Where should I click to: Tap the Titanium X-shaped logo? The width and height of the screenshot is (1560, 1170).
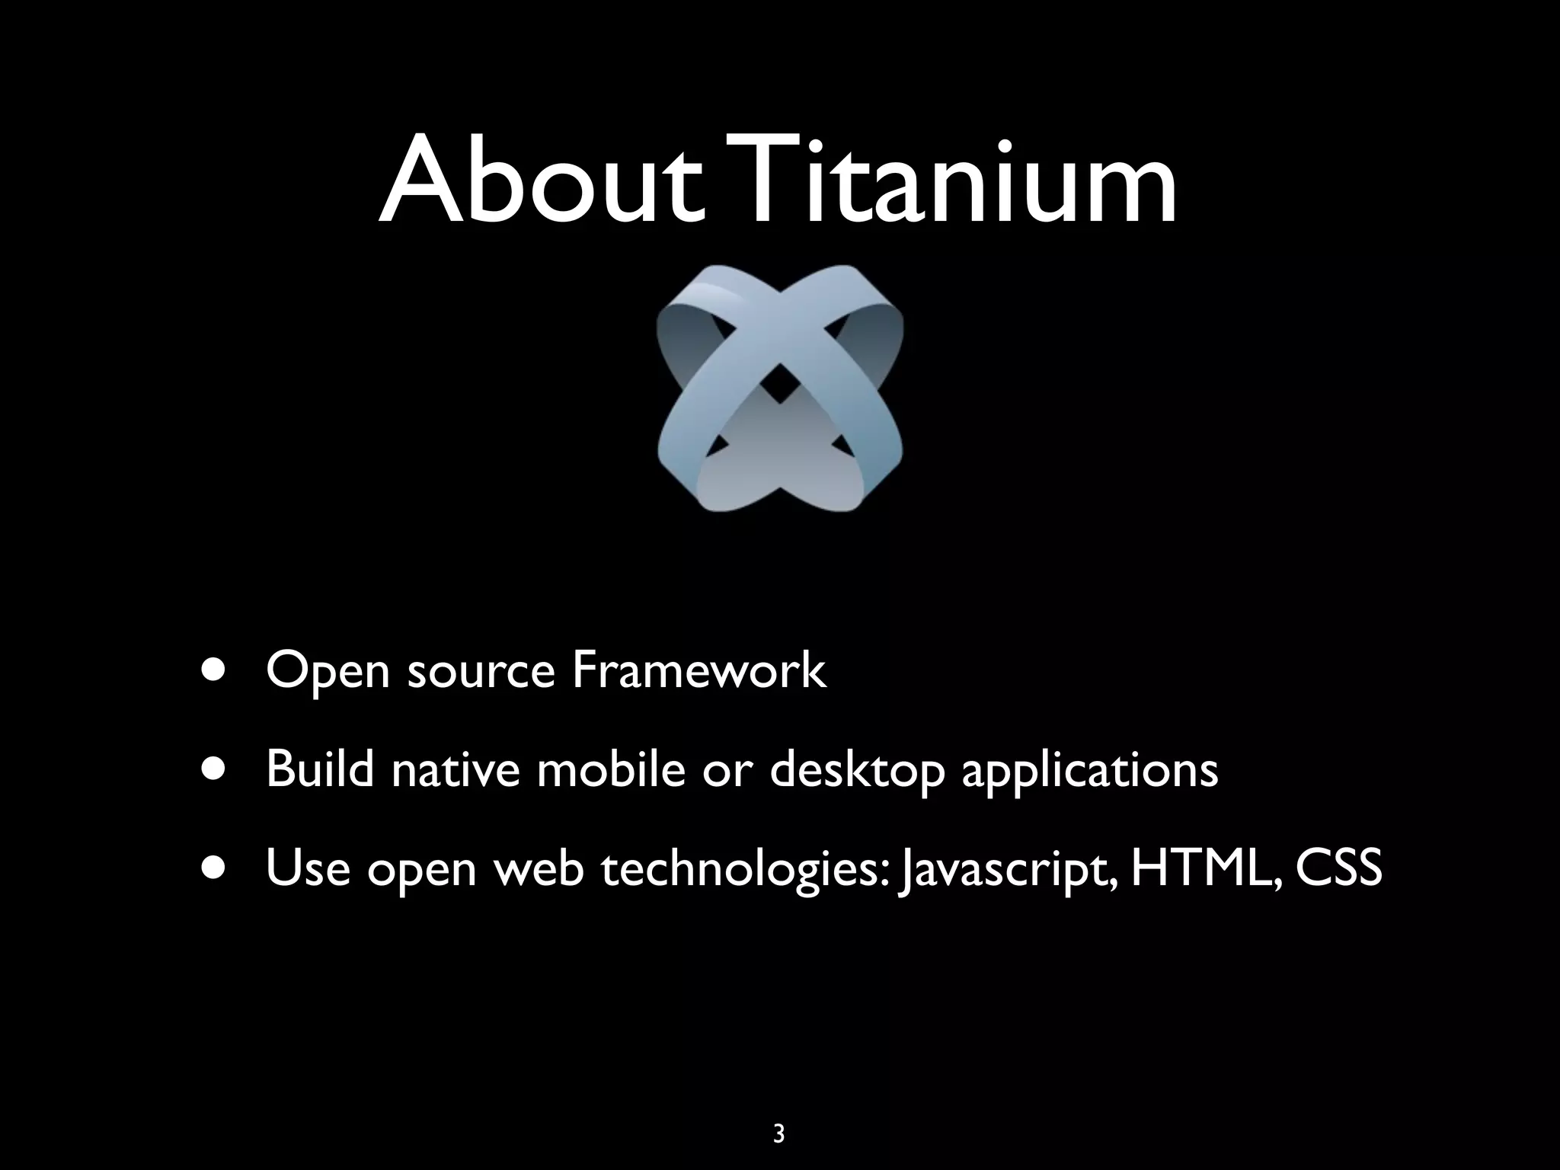tap(779, 388)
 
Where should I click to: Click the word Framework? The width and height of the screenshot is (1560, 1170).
tap(698, 670)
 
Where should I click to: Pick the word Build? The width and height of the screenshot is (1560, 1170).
tap(320, 769)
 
